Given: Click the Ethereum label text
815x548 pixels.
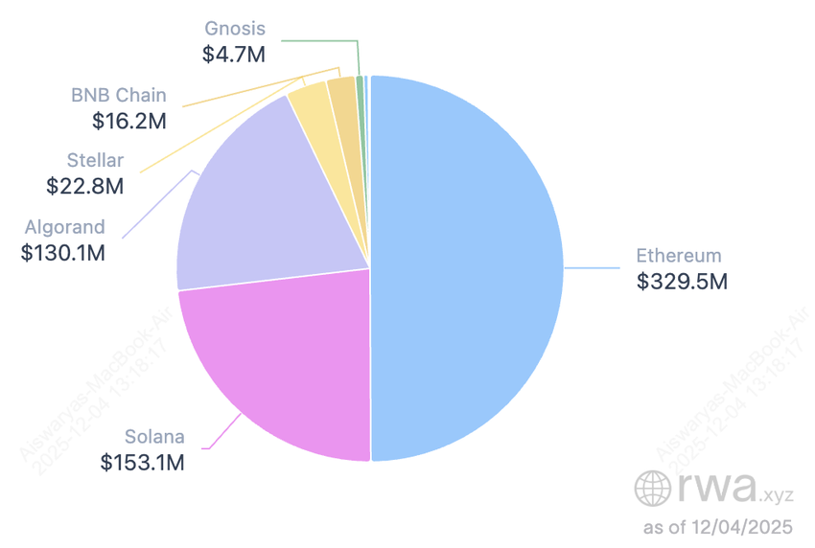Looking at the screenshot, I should pyautogui.click(x=679, y=256).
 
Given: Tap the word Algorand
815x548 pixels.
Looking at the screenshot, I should pyautogui.click(x=64, y=228).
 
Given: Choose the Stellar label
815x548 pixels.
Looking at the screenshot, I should pyautogui.click(x=95, y=161).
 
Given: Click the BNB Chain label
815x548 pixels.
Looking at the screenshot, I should pyautogui.click(x=119, y=95).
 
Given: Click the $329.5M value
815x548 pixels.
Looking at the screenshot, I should pyautogui.click(x=682, y=282).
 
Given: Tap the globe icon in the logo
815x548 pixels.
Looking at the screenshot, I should pyautogui.click(x=653, y=489).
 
